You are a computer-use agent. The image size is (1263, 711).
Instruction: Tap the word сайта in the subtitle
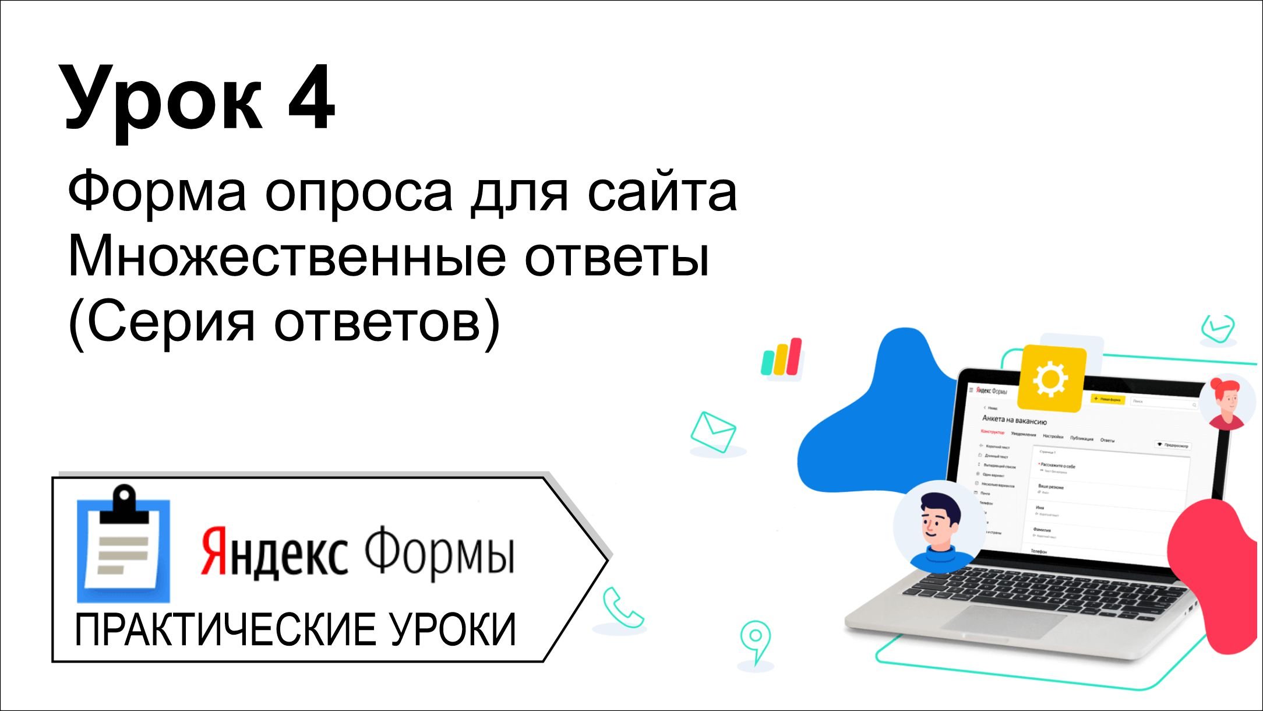click(662, 192)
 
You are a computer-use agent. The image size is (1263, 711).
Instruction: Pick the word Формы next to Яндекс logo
click(440, 550)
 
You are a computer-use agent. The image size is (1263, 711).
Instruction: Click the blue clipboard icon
click(124, 545)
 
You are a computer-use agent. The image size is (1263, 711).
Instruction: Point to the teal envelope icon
click(713, 432)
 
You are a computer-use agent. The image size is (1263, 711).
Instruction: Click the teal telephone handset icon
click(621, 608)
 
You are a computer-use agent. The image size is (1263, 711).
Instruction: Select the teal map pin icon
click(756, 640)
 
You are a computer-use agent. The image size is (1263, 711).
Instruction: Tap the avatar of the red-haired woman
click(1227, 402)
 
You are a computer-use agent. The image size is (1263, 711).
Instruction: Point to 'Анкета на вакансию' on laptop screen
click(1014, 420)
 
